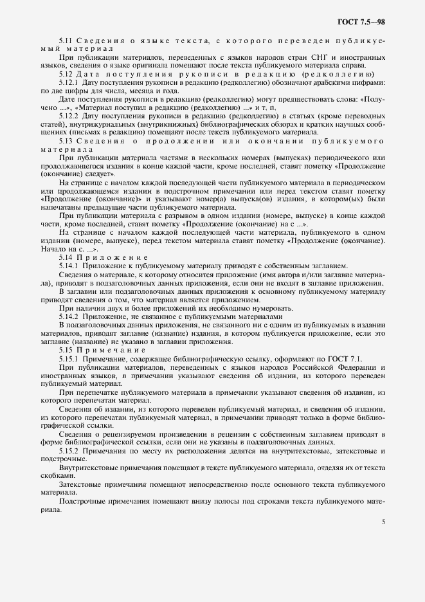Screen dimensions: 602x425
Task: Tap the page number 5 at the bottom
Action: [383, 522]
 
